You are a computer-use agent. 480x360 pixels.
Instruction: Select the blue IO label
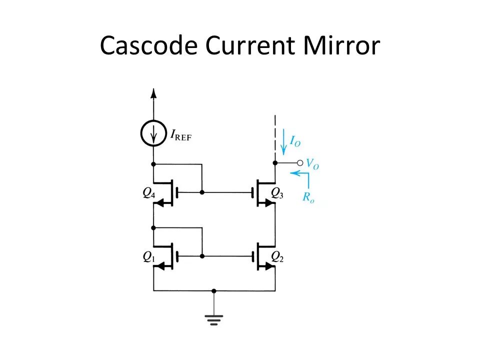pos(295,142)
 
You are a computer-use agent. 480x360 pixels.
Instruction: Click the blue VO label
pos(312,163)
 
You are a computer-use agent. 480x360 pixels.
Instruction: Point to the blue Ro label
pos(308,196)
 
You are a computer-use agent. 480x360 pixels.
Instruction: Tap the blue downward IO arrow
pos(283,140)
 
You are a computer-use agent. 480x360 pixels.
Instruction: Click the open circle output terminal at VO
pos(299,163)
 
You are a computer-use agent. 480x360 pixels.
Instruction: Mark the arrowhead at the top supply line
pos(153,92)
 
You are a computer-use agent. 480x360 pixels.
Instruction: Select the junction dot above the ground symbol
pos(214,290)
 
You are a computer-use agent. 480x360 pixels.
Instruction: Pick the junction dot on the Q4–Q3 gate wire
pos(202,191)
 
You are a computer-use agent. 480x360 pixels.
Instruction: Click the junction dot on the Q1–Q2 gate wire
pos(202,255)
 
